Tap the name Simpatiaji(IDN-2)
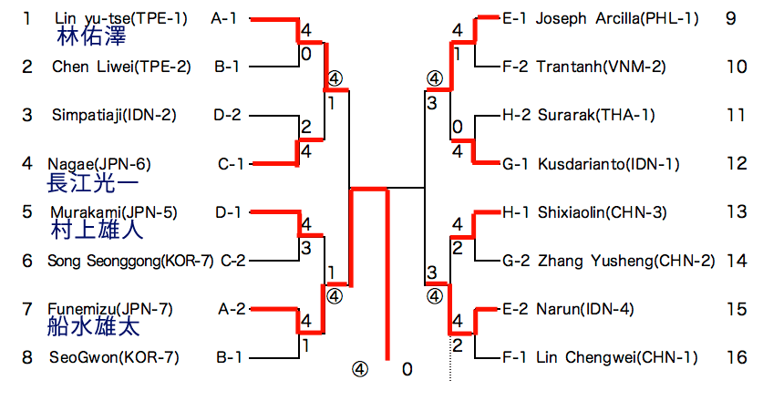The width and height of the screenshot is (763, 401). [x=114, y=116]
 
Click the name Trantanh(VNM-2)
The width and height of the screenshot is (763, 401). [x=601, y=67]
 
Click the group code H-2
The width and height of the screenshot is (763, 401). [x=514, y=116]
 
